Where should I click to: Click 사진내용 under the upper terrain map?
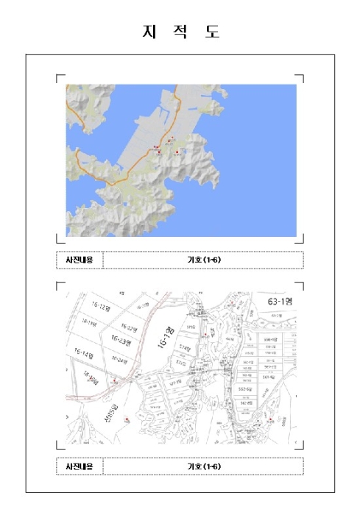(80, 260)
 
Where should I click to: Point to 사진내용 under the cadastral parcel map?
(80, 466)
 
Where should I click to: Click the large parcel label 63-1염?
(277, 301)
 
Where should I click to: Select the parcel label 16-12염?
(99, 307)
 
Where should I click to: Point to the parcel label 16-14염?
(85, 355)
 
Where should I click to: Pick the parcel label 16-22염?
(128, 328)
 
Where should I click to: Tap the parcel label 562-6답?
(245, 389)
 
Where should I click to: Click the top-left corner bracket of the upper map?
(59, 76)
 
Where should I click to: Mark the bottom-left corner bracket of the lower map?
(59, 446)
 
